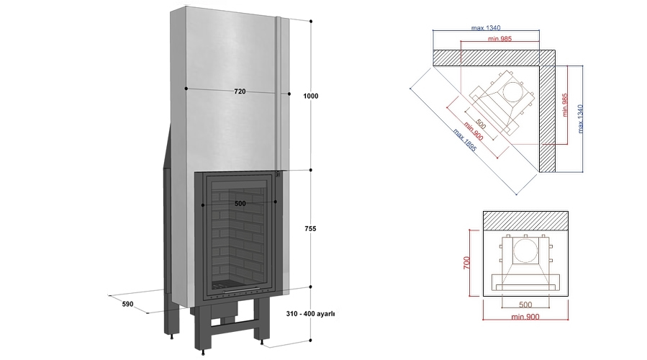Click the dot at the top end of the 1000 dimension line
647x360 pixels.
coord(311,21)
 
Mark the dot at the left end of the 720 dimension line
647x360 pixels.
coord(186,89)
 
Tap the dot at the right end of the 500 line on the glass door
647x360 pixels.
coord(276,202)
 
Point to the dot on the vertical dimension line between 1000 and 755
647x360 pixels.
coord(311,170)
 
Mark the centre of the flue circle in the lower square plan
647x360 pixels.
coord(525,250)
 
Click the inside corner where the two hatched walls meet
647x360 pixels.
coord(540,66)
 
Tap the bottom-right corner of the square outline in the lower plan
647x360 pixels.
coord(568,296)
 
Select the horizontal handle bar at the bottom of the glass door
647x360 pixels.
coord(240,291)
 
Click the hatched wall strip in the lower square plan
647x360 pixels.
coord(525,221)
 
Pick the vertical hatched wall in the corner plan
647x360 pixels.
coord(548,118)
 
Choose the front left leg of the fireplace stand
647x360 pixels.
coord(202,330)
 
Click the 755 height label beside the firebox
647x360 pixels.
coord(310,229)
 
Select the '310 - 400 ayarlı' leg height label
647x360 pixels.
coord(310,314)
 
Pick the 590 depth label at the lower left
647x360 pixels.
coord(128,304)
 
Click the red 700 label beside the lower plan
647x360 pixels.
coord(466,263)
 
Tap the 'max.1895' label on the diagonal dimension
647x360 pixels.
coord(465,140)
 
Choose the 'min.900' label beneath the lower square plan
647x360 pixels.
coord(525,317)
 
